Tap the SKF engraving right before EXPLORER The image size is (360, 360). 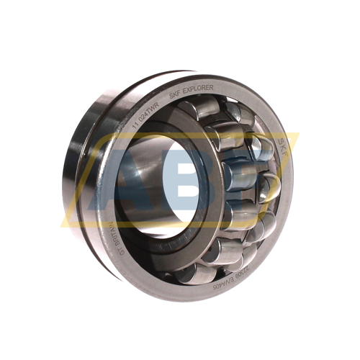[x=175, y=94]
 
